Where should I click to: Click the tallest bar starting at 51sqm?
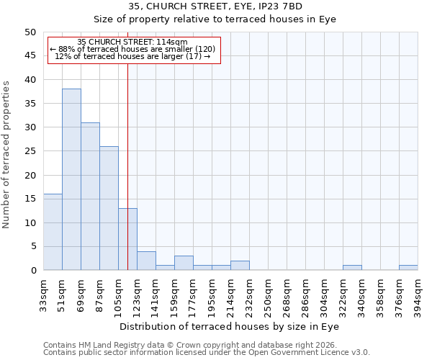71,180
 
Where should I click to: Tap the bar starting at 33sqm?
53,232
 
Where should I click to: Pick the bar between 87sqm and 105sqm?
109,209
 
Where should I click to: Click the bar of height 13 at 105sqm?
127,239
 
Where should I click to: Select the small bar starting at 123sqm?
146,261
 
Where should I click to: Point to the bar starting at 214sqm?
240,266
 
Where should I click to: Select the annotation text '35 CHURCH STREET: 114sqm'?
132,42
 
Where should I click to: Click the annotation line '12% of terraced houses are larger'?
132,56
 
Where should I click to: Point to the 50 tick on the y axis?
30,32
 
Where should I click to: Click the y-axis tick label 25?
30,151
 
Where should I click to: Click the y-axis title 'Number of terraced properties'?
7,154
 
